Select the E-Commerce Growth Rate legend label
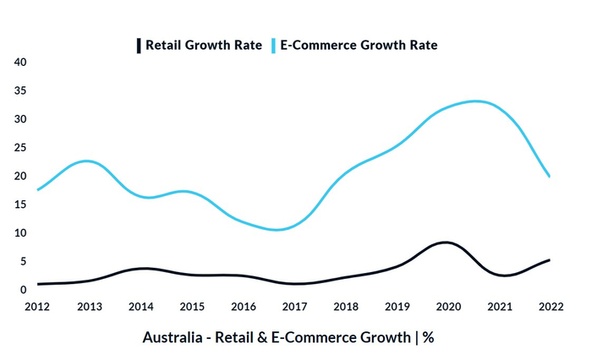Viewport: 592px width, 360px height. tap(358, 44)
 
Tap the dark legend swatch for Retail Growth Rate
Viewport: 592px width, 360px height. tap(139, 44)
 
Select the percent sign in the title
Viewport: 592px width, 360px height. tap(428, 337)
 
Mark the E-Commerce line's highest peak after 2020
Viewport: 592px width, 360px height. tap(477, 101)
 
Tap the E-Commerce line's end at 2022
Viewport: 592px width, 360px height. tap(550, 177)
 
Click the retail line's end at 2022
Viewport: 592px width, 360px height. tap(550, 259)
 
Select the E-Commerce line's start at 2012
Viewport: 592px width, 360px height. tap(38, 189)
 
